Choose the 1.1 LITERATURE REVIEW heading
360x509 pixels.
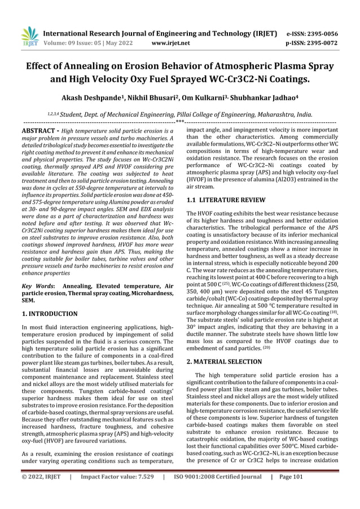226,200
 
